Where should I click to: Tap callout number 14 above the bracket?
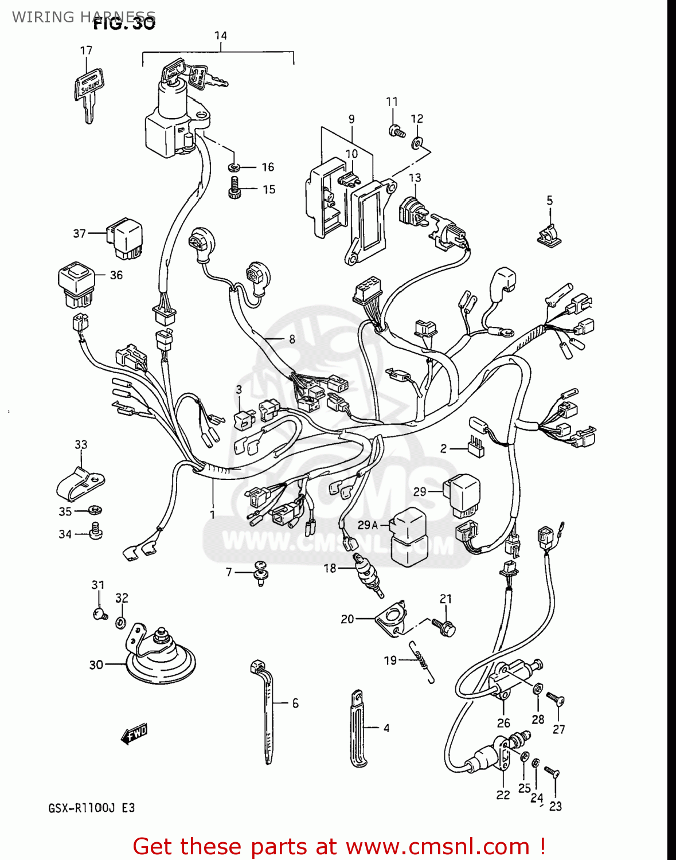[x=220, y=36]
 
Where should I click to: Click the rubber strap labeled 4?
[x=358, y=728]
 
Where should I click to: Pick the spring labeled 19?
[x=423, y=660]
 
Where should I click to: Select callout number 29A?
[x=367, y=525]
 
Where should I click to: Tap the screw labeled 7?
[x=261, y=572]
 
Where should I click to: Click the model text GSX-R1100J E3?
[x=92, y=808]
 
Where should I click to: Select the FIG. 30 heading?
[x=124, y=24]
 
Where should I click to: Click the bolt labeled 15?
[x=235, y=188]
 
